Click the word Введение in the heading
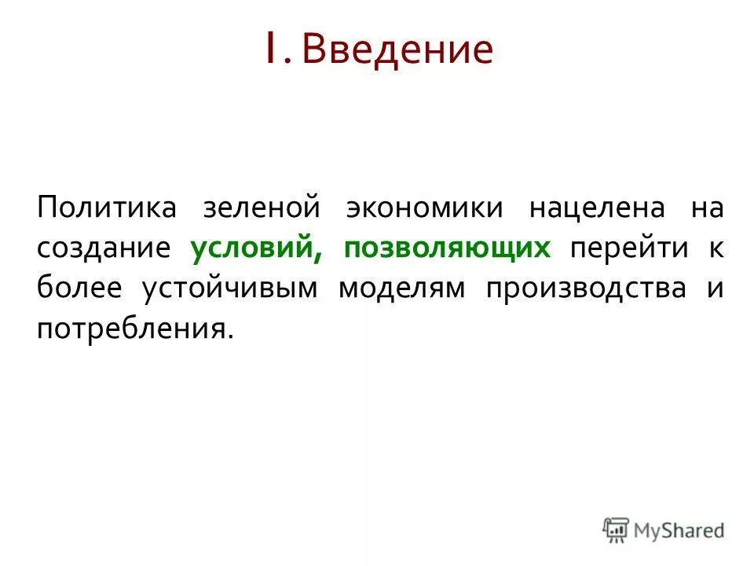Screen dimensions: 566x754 [x=398, y=50]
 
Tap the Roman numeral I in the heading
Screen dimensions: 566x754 [x=269, y=49]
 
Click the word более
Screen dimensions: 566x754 [x=79, y=288]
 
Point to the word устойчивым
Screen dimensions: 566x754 [x=230, y=288]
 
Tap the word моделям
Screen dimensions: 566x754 [x=401, y=288]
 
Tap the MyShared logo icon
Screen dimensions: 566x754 [x=616, y=530]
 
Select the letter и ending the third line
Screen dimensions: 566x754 [x=716, y=288]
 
